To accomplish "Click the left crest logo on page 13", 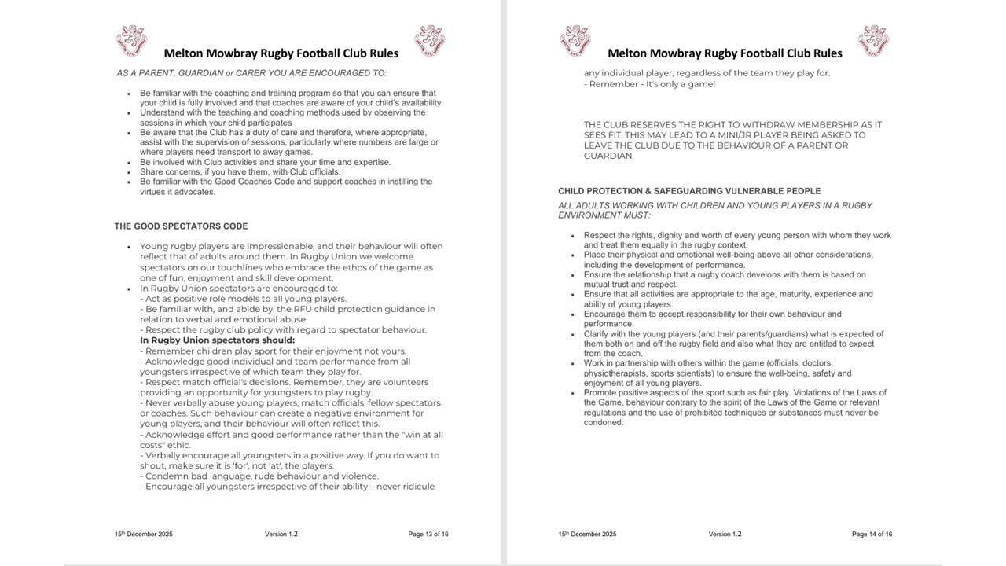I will pyautogui.click(x=131, y=41).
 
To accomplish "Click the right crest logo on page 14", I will pyautogui.click(x=873, y=41).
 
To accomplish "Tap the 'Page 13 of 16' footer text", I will pyautogui.click(x=428, y=535).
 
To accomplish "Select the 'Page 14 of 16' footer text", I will pyautogui.click(x=872, y=535).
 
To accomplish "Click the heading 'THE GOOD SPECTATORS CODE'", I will pyautogui.click(x=181, y=226).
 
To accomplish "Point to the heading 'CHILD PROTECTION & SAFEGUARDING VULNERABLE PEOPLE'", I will pyautogui.click(x=689, y=191).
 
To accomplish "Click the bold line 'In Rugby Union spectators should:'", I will pyautogui.click(x=217, y=340).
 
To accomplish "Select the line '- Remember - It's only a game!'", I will pyautogui.click(x=649, y=84).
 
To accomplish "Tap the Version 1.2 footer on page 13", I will pyautogui.click(x=281, y=535).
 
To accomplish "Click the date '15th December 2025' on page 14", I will pyautogui.click(x=587, y=535).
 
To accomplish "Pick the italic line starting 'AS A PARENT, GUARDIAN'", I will pyautogui.click(x=251, y=73).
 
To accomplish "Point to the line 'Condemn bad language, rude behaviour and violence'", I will pyautogui.click(x=260, y=476).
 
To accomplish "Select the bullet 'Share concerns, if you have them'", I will pyautogui.click(x=240, y=171).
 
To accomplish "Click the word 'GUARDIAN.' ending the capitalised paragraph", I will pyautogui.click(x=609, y=156).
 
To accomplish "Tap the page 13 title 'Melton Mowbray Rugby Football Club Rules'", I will pyautogui.click(x=281, y=53).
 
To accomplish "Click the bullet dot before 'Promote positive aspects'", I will pyautogui.click(x=573, y=393).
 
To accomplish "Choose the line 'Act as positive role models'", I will pyautogui.click(x=244, y=299).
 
